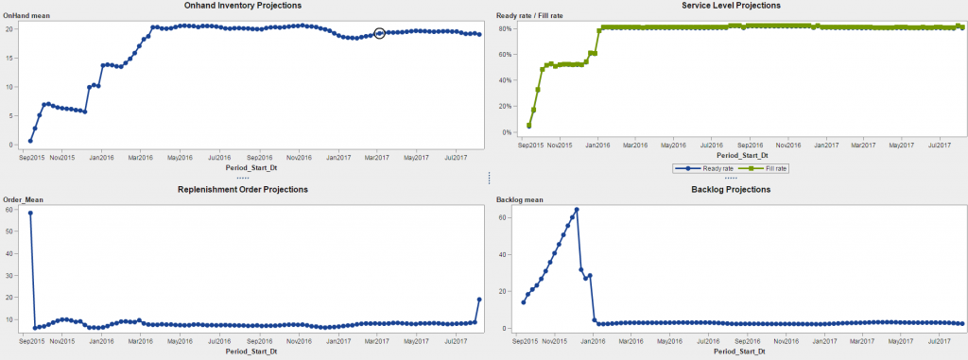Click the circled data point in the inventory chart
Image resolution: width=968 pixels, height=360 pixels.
379,33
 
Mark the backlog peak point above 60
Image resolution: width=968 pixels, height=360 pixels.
577,210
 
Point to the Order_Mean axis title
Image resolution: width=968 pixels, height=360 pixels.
24,199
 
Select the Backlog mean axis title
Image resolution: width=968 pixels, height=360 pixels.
518,199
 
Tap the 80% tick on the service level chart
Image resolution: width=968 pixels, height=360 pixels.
506,28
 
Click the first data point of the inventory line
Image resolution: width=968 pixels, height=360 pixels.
30,141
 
